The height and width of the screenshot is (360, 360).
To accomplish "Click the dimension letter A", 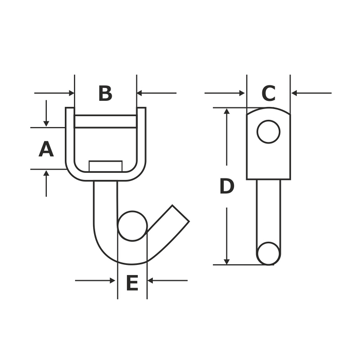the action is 46,149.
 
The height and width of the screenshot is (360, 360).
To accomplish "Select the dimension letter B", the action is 105,93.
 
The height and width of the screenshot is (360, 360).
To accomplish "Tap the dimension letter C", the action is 268,93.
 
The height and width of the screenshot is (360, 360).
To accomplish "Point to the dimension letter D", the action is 227,186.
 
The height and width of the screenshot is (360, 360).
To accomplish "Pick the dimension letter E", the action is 132,283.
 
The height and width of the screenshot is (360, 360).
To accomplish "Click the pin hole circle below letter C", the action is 268,132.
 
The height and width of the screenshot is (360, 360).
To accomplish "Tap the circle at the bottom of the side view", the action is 268,254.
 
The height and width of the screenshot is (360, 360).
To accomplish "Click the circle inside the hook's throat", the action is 133,226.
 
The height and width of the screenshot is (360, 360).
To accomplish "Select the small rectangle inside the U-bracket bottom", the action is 105,166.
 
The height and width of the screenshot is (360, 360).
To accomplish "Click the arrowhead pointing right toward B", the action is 71,93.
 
